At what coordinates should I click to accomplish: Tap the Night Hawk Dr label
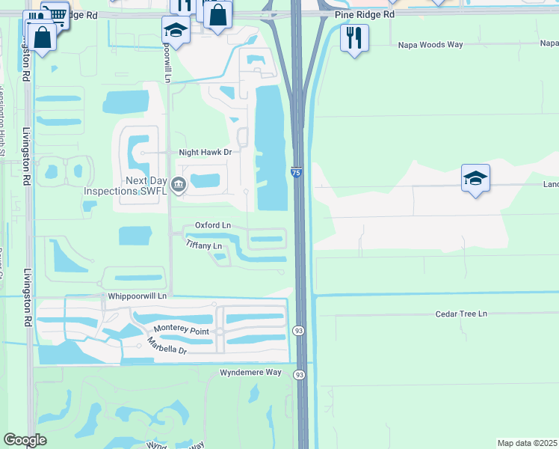coord(206,152)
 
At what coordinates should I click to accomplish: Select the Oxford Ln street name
coord(213,225)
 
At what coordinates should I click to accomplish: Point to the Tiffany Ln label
coord(205,245)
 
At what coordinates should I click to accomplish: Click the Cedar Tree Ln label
coord(461,314)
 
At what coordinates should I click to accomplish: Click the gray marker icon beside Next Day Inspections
coord(178,184)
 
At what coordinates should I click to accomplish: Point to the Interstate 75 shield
coord(296,173)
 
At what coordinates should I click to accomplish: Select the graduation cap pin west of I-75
coord(175,31)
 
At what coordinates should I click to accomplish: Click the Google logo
coord(25,440)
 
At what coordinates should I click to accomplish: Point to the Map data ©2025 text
coord(527,443)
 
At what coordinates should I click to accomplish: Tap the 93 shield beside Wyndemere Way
coord(299,374)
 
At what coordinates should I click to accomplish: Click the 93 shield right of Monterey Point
coord(298,329)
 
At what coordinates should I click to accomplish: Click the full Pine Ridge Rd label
coord(365,14)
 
